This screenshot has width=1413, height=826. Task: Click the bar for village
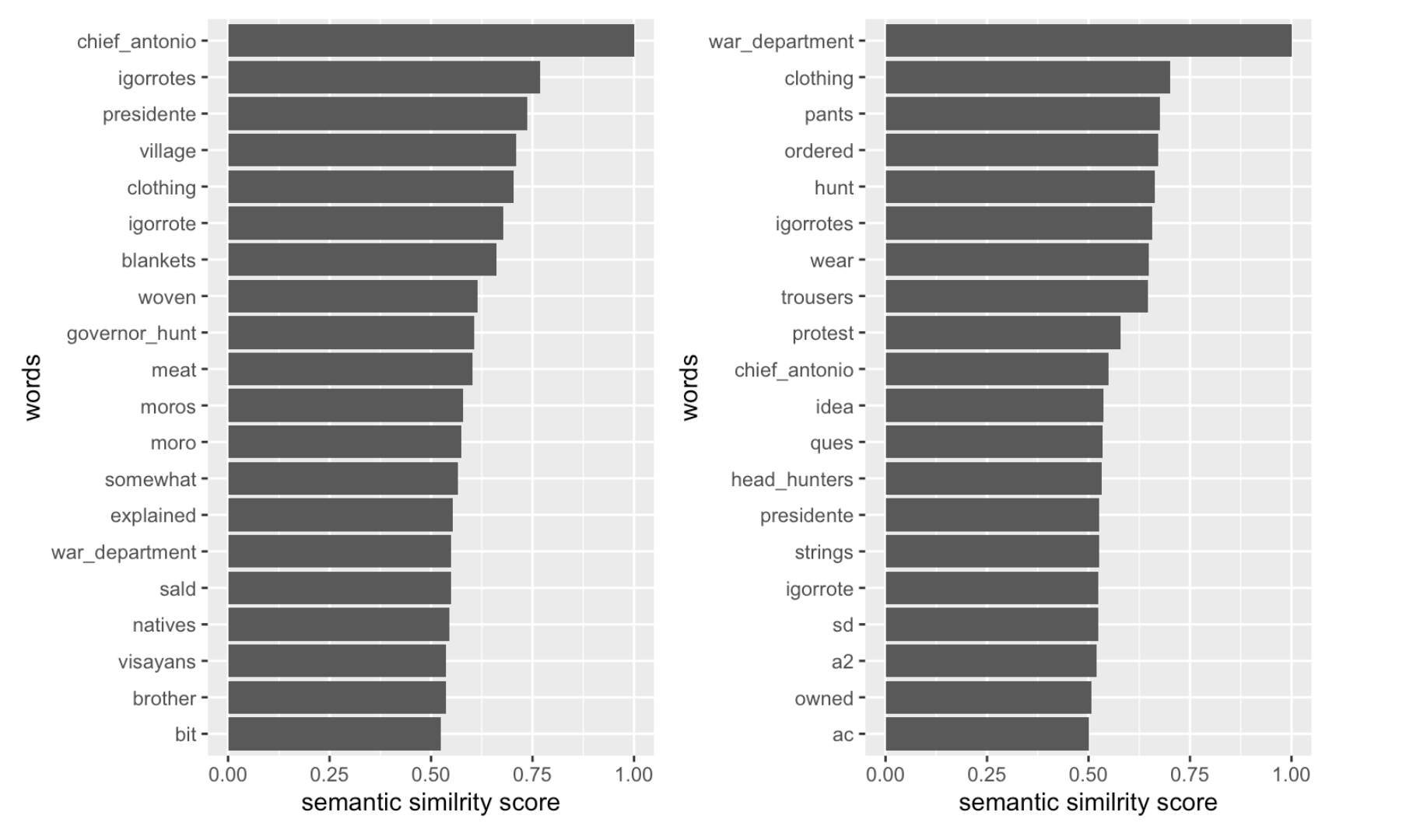point(371,150)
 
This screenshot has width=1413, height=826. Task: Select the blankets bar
point(362,260)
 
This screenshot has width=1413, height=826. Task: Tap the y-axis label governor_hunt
point(131,334)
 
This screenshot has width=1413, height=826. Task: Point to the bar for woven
point(352,296)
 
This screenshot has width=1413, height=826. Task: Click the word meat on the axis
point(174,370)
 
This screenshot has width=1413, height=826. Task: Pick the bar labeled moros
point(345,406)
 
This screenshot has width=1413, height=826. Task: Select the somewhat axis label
point(150,480)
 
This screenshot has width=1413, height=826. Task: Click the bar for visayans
point(336,661)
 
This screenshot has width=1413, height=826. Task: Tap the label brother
point(164,698)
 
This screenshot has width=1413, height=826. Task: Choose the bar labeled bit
point(334,734)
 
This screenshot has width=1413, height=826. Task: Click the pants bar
point(1022,114)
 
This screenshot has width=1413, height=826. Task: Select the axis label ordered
point(819,151)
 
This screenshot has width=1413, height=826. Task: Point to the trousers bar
point(1016,296)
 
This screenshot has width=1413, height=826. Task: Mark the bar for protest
point(1002,333)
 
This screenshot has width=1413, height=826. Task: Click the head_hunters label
point(792,480)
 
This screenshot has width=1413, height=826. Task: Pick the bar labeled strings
point(992,551)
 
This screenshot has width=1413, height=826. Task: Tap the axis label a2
point(842,662)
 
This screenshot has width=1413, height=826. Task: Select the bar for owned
point(988,698)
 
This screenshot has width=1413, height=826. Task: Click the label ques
point(831,443)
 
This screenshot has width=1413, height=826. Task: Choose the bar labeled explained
point(340,515)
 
